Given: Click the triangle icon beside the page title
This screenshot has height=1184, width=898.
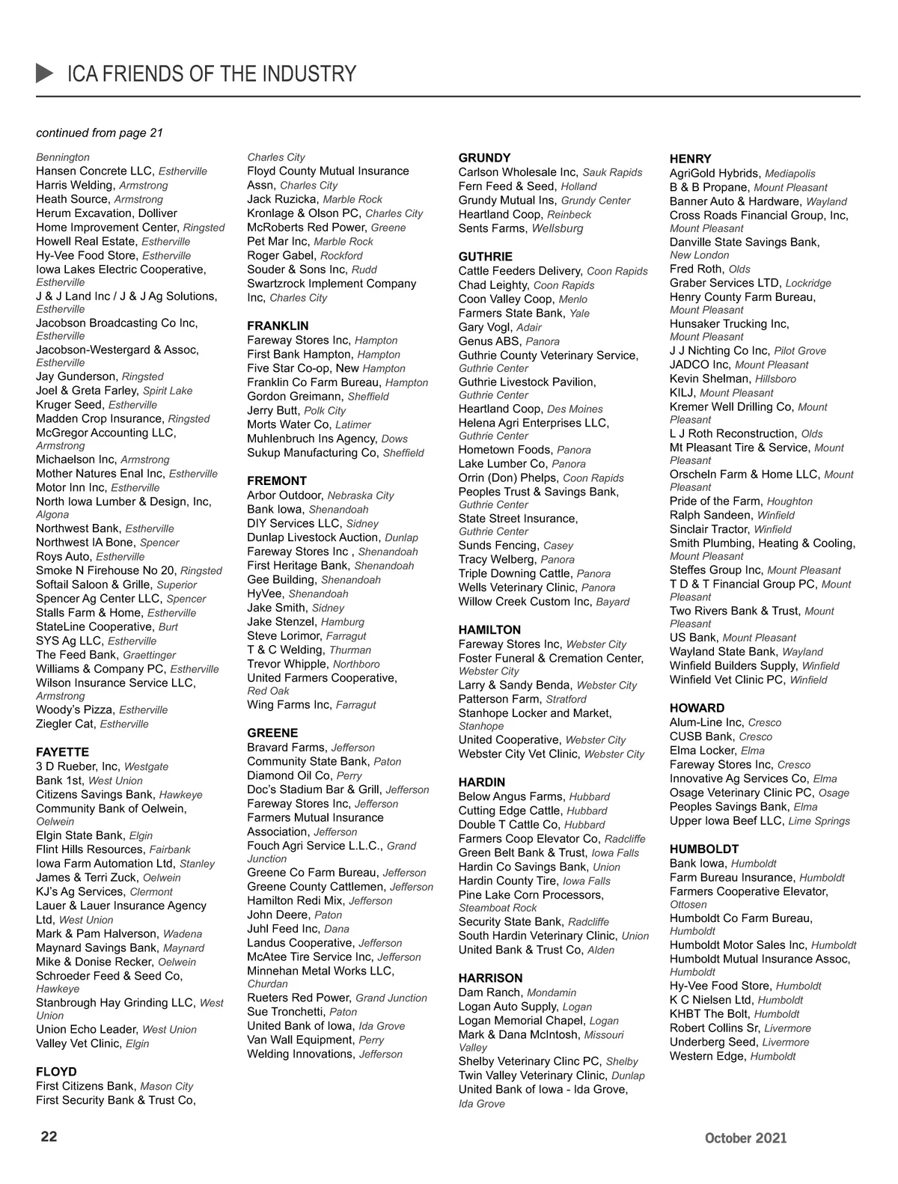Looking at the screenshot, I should tap(45, 73).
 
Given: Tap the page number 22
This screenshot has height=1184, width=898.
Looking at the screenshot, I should tap(49, 1136).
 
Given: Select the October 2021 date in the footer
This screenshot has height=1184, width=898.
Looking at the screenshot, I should tap(745, 1138).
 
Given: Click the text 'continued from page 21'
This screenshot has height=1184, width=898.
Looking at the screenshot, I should tap(100, 132).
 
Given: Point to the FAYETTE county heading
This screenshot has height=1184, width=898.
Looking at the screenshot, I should tap(62, 751).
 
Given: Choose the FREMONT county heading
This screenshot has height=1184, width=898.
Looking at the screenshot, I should tap(277, 480).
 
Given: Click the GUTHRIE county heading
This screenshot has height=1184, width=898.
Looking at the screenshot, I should tap(486, 257).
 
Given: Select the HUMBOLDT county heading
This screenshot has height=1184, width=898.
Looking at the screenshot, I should tap(704, 849).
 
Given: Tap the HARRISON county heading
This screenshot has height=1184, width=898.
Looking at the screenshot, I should tap(490, 977).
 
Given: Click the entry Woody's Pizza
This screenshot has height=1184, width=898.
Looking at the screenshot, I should tap(75, 710).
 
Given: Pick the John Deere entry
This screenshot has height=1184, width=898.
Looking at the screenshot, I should tap(278, 915).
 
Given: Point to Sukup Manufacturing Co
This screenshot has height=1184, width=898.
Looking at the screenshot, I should tap(312, 453).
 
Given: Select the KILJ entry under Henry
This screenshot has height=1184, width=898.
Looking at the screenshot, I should tap(682, 392).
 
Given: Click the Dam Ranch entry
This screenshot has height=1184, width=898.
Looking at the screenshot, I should tap(489, 992).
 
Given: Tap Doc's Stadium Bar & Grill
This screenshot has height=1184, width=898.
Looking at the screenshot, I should tap(314, 790).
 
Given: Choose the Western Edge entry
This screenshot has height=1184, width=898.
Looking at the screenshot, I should tap(707, 1056).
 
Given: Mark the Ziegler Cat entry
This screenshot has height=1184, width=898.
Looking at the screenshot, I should tap(67, 724).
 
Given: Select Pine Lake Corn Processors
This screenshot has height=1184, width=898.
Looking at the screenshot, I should tap(531, 894).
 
